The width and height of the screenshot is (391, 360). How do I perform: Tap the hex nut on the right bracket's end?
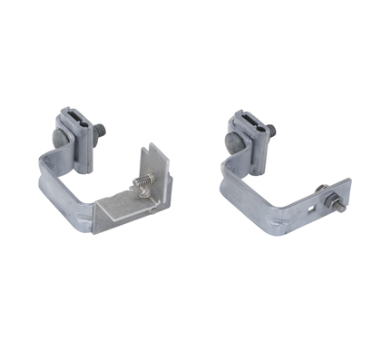324,192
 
